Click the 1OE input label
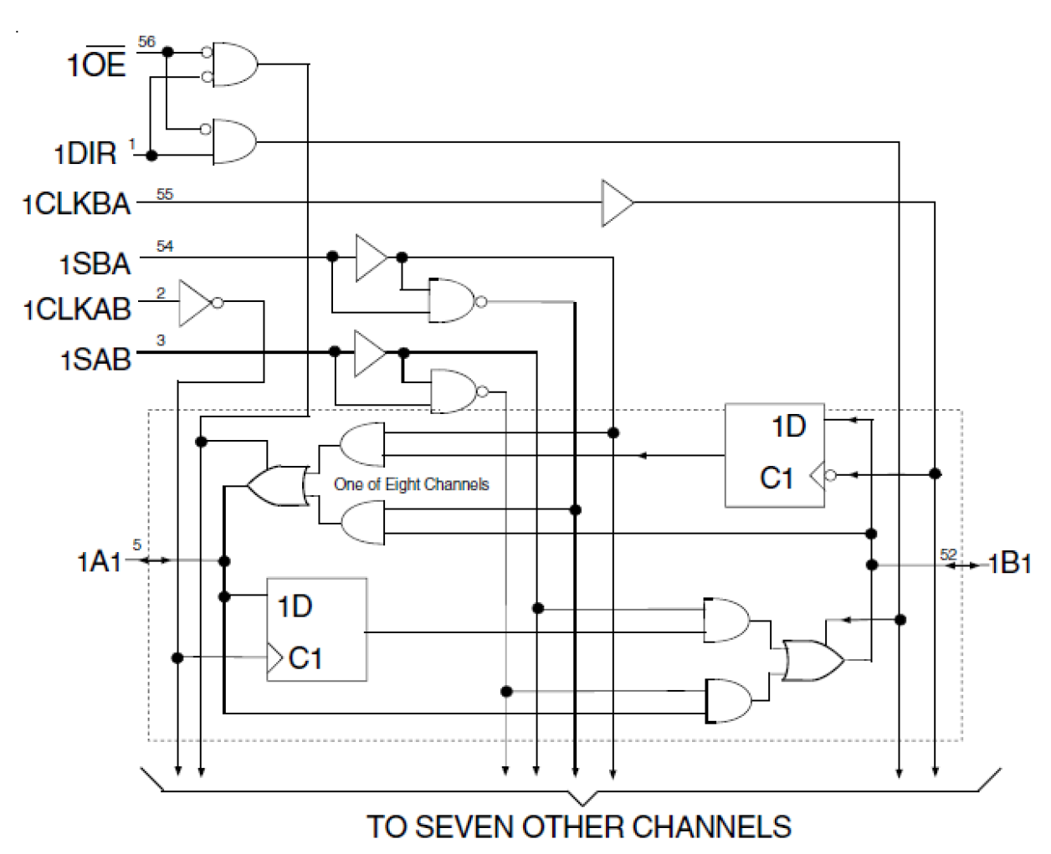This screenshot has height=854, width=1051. pos(96,64)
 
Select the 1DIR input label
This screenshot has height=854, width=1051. pos(86,154)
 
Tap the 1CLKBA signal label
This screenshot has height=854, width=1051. pos(77,204)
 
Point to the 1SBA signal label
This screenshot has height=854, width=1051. pos(95,263)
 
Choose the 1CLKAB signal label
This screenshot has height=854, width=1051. pos(78,309)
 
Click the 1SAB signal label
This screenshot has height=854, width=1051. pos(95,360)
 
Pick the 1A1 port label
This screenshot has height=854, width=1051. pos(100,561)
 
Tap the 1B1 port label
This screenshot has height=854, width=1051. pos(1009,564)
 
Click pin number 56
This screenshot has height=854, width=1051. pos(146,42)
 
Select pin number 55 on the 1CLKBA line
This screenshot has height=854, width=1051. pos(165,194)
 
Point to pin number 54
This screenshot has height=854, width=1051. pos(165,246)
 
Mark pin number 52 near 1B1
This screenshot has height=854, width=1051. pos(947,555)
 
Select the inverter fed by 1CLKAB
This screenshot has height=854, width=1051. pos(197,303)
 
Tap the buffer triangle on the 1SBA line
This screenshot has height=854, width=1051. pos(371,257)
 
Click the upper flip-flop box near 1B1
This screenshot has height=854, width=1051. pos(774,455)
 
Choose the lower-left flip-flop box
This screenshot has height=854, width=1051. pos(316,629)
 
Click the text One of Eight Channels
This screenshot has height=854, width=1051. pos(411,484)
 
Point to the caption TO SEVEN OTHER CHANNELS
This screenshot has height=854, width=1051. pos(578,826)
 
